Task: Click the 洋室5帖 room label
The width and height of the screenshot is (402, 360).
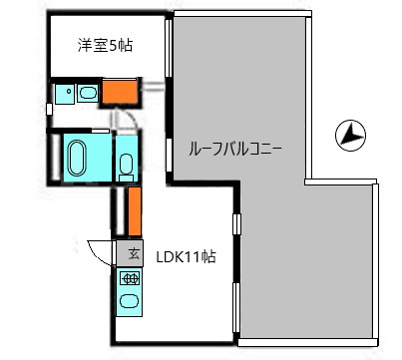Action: (107, 45)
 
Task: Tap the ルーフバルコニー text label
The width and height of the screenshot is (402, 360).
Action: (236, 150)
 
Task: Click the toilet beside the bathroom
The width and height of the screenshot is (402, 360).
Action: (127, 166)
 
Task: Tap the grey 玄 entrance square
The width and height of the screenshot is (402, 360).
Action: (130, 252)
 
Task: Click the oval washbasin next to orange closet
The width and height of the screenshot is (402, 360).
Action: (87, 95)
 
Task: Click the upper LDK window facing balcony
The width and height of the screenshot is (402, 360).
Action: (236, 223)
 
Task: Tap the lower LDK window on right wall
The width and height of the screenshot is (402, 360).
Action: (236, 308)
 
